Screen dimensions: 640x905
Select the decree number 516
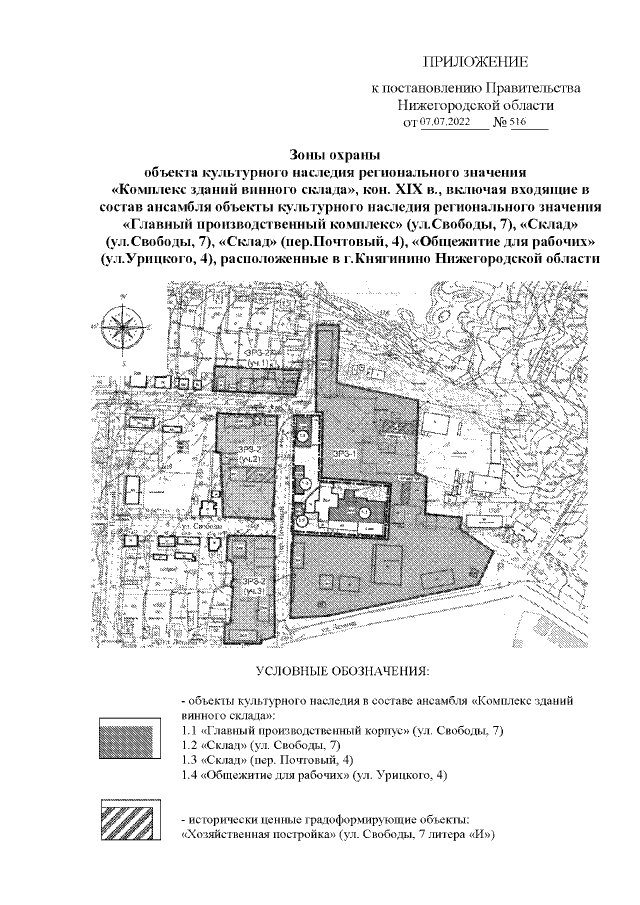[519, 122]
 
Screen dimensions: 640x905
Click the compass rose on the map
[124, 324]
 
